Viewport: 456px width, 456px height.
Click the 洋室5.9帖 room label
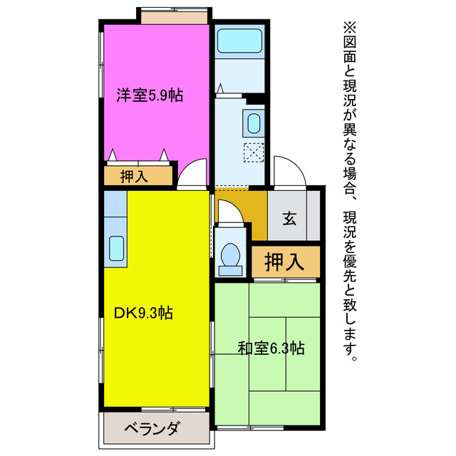150,95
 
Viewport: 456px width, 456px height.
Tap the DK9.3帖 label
143,312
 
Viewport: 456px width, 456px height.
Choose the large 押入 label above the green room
284,262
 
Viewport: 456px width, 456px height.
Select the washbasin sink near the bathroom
254,123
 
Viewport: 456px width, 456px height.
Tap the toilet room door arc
229,212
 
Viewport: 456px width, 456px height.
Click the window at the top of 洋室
174,15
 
